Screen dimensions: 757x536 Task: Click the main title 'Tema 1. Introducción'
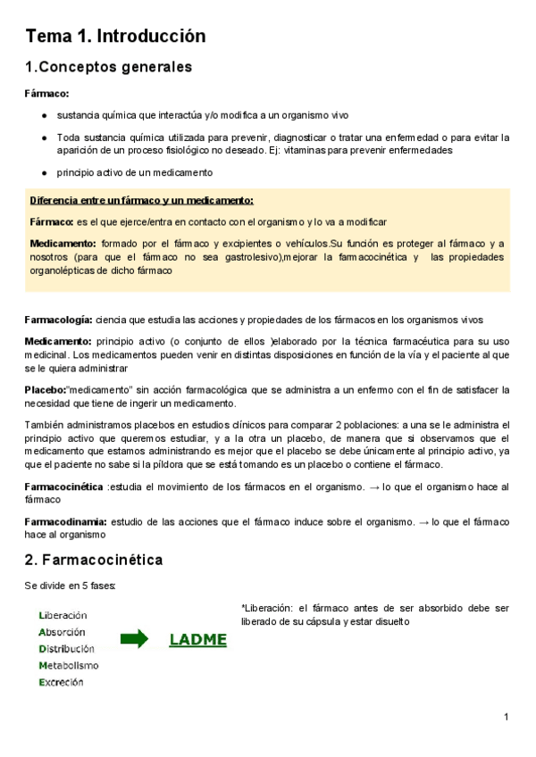[115, 37]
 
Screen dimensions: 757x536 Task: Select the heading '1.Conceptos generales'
[108, 67]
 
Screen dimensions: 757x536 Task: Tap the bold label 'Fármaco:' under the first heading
[46, 93]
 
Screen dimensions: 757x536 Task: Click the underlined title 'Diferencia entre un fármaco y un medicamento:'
[141, 200]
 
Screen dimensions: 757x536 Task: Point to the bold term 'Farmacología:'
[58, 320]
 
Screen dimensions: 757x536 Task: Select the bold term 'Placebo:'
[46, 389]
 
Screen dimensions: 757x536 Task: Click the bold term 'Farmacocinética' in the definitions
[64, 486]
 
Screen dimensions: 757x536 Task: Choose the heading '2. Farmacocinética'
[94, 560]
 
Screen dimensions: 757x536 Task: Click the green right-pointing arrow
[135, 637]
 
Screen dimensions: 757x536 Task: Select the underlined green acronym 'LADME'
[197, 639]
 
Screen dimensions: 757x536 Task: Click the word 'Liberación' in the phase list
[63, 615]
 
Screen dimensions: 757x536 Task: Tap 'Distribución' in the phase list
[66, 649]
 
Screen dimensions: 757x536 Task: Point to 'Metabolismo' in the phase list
[69, 666]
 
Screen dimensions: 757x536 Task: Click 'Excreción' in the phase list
[61, 683]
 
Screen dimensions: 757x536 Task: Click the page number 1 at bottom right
[506, 717]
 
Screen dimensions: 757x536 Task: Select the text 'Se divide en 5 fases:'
[71, 586]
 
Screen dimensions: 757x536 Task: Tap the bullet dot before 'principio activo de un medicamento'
[45, 172]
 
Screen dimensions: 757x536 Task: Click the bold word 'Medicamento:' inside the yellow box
[63, 244]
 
